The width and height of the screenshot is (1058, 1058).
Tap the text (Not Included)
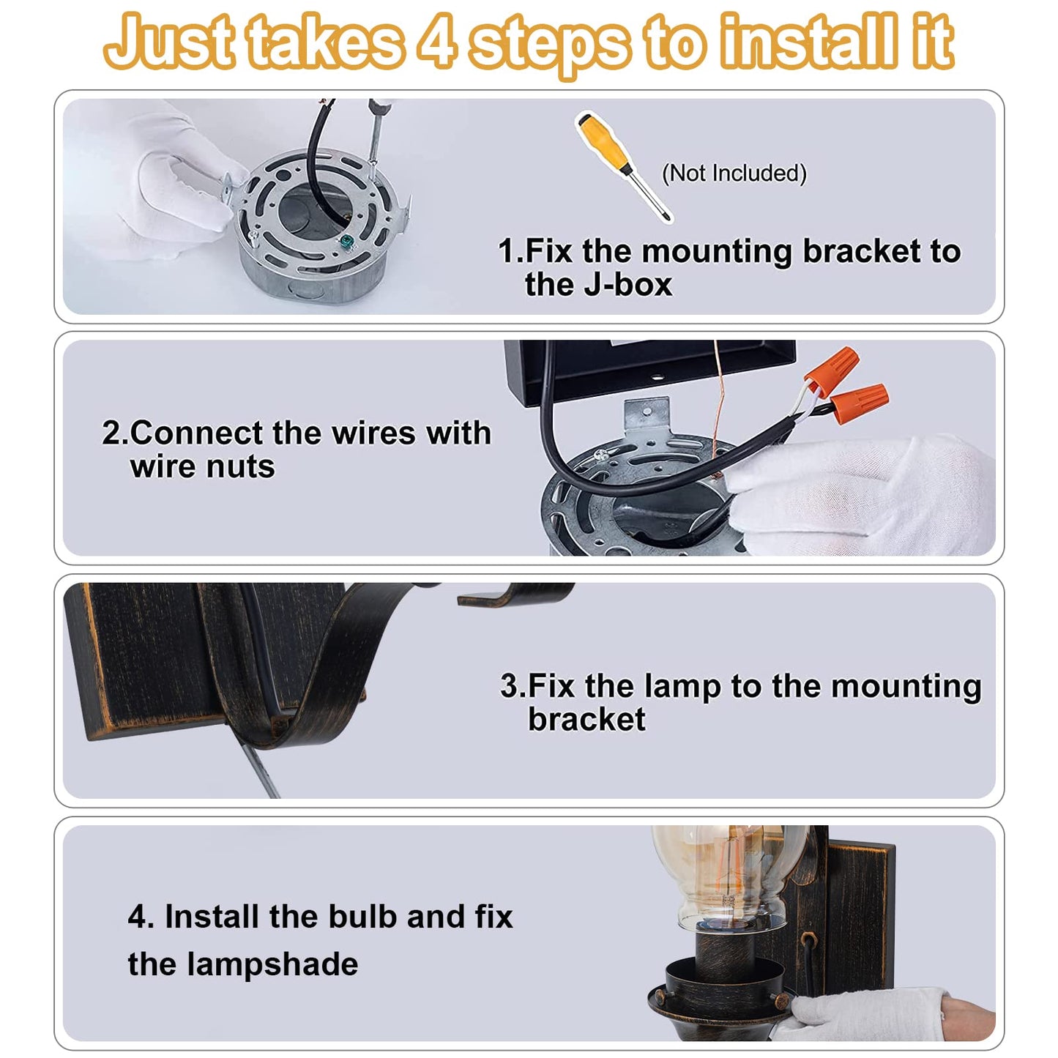734,174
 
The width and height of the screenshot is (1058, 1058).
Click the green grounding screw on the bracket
347,242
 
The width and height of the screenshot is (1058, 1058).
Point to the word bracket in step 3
586,719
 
